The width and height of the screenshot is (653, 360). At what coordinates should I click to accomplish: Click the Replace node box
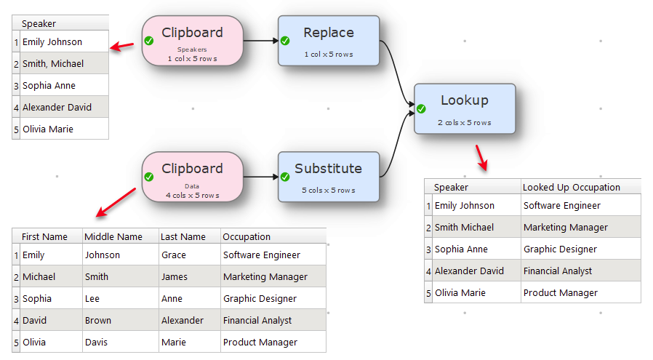pos(329,41)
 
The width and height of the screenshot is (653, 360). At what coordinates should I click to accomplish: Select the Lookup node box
pos(465,109)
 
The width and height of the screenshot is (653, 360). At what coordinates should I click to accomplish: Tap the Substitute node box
pos(329,177)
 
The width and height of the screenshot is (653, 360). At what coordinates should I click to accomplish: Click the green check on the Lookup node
pos(421,109)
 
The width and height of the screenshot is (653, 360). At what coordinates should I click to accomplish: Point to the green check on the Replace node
pos(285,41)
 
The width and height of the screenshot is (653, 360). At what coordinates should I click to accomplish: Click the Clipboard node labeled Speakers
pos(193,41)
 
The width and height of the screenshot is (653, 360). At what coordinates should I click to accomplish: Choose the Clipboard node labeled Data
pos(193,177)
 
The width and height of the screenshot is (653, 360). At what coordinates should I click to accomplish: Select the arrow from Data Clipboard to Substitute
pos(261,177)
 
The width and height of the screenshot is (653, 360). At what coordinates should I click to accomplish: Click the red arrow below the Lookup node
pos(481,158)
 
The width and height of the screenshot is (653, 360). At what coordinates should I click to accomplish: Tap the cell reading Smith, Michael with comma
pos(53,64)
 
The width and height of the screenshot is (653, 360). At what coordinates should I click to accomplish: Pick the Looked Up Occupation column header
pos(572,187)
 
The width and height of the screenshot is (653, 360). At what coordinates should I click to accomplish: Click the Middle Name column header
pos(113,236)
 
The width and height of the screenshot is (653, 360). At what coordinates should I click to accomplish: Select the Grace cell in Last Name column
pos(174,255)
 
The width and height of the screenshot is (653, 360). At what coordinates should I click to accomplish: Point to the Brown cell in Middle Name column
pos(98,321)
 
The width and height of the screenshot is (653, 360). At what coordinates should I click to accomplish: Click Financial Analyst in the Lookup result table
pos(558,271)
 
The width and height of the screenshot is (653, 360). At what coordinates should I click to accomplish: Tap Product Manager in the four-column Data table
pos(260,342)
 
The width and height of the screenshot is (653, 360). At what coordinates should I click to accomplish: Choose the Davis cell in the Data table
pos(96,342)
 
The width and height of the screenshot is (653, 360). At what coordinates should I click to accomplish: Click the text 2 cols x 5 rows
pos(465,122)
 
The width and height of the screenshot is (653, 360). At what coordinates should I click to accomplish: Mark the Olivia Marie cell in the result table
pos(460,292)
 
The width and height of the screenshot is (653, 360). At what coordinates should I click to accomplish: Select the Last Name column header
pos(183,236)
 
